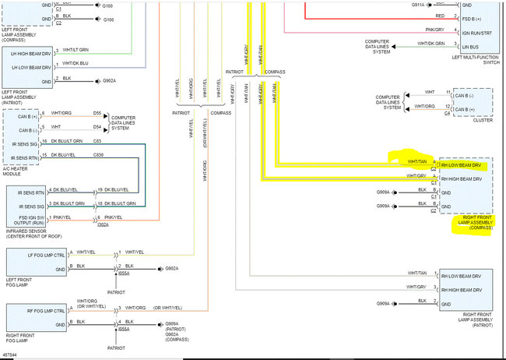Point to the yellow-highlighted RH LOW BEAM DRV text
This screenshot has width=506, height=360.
462,166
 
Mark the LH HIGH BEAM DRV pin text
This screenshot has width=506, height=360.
31,53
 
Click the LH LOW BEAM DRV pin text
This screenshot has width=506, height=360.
31,66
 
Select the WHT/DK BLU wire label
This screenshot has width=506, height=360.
76,63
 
